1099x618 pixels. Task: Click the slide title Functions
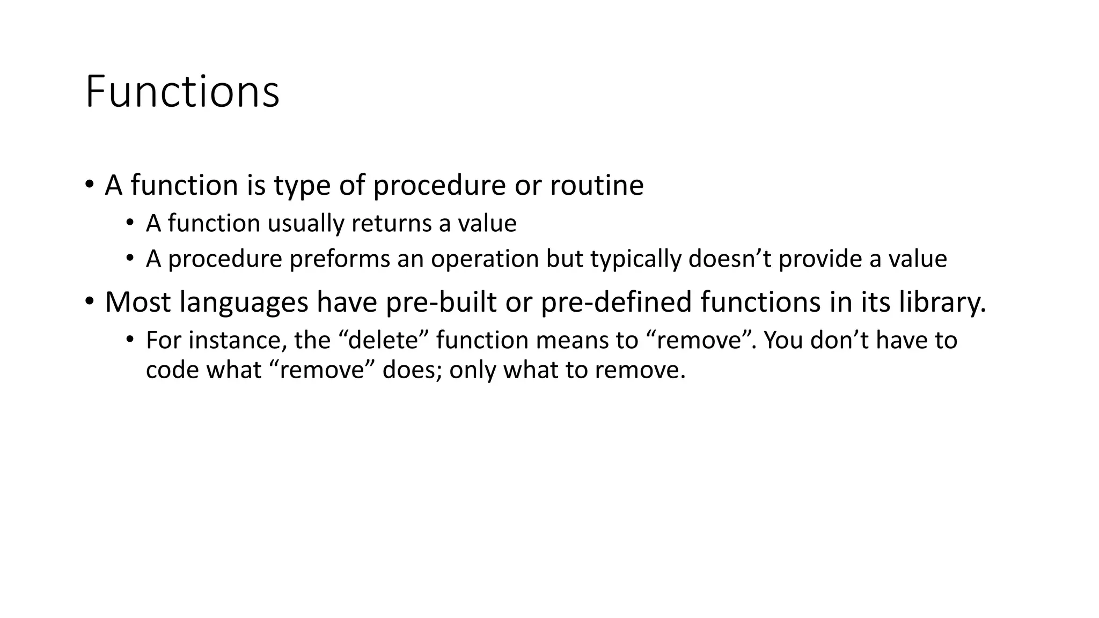[182, 92]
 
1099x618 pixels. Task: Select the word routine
[596, 186]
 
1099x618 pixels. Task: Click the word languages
[244, 303]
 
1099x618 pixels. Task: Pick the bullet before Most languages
[89, 302]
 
